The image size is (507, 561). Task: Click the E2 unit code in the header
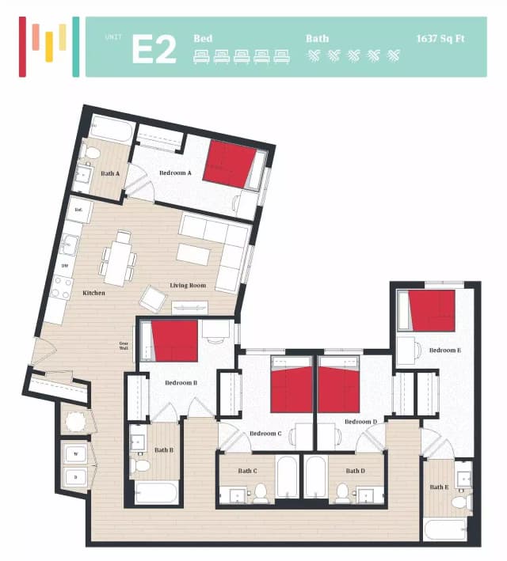(153, 47)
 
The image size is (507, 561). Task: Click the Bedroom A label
(175, 172)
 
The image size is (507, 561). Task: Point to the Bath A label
(109, 172)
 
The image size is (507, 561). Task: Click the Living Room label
(188, 285)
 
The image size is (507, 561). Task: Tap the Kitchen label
(93, 293)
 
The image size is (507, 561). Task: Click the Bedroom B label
(181, 383)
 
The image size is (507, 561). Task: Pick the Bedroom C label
(265, 433)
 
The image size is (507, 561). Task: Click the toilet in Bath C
(259, 494)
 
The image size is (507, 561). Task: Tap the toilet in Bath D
(342, 494)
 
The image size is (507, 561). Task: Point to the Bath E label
(438, 487)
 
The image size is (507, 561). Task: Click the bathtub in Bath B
(155, 493)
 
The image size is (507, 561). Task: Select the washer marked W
(76, 453)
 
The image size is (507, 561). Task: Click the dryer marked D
(76, 478)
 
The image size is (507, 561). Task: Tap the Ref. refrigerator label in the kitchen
(78, 210)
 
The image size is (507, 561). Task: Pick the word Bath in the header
(317, 37)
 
